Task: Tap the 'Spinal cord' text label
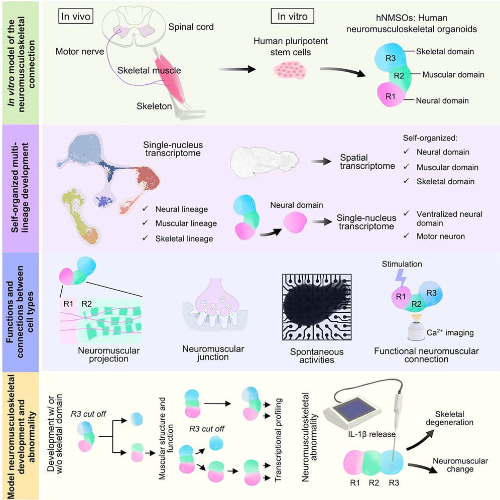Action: pyautogui.click(x=191, y=27)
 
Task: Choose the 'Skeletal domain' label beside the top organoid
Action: pyautogui.click(x=445, y=52)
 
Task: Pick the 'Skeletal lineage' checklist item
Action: pyautogui.click(x=184, y=239)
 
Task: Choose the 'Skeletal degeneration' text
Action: pyautogui.click(x=447, y=418)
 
